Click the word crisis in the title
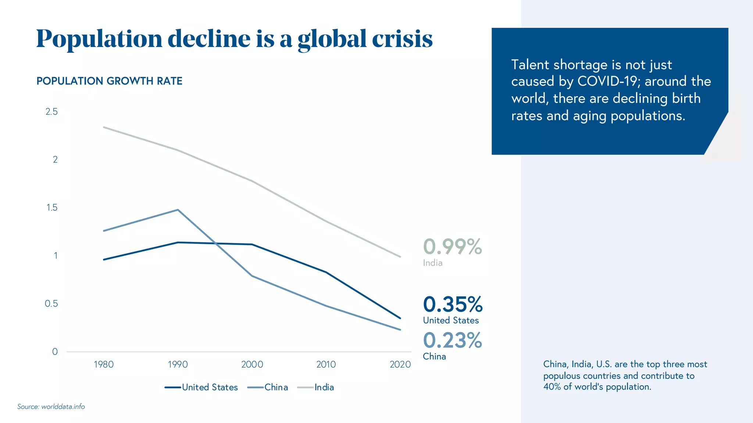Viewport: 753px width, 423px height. pyautogui.click(x=402, y=39)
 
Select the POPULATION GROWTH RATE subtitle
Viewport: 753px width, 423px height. pyautogui.click(x=109, y=81)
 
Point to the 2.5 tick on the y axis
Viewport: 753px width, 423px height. pyautogui.click(x=51, y=112)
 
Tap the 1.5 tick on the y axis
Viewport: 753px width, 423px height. pyautogui.click(x=52, y=207)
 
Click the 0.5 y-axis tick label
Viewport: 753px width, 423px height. pyautogui.click(x=51, y=304)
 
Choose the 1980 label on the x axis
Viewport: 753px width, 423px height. pyautogui.click(x=104, y=364)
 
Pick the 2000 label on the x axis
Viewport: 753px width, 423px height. pyautogui.click(x=252, y=364)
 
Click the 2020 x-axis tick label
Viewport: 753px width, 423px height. pyautogui.click(x=400, y=364)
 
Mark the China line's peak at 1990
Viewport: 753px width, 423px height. pyautogui.click(x=178, y=210)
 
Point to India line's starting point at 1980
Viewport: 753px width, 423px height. pyautogui.click(x=104, y=127)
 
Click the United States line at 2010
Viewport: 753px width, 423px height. pyautogui.click(x=326, y=272)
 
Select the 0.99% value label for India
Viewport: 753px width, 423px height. pyautogui.click(x=452, y=246)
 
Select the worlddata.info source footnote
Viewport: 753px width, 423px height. pyautogui.click(x=51, y=406)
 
